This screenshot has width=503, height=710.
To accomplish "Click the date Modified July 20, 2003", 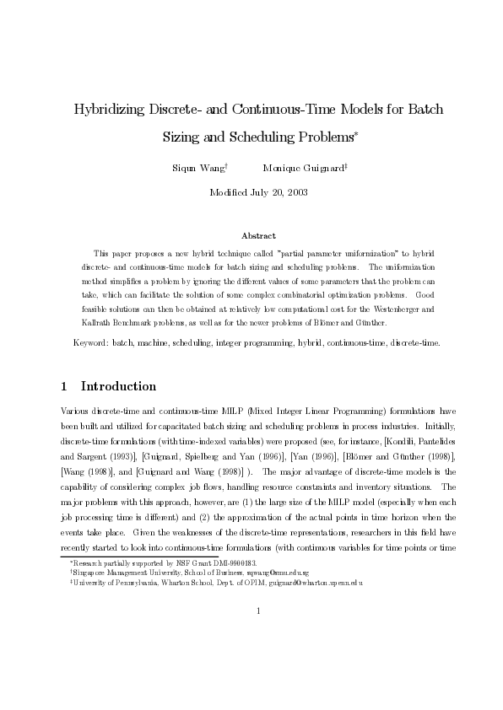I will [x=251, y=192].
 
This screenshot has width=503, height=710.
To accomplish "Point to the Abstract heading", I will [x=251, y=235].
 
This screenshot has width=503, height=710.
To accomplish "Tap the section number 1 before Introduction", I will [x=65, y=387].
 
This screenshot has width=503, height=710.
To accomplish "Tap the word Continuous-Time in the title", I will [x=264, y=110].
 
